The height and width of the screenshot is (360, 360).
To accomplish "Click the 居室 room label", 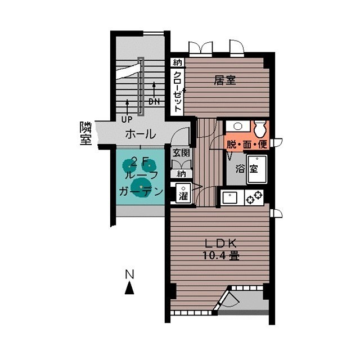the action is tap(225, 80).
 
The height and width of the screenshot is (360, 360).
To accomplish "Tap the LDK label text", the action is tap(220, 244).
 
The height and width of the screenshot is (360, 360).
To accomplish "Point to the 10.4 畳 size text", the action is tap(221, 255).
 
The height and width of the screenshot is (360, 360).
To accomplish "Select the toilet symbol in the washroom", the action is tap(260, 129).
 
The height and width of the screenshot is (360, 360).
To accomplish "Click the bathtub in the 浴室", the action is tap(257, 169).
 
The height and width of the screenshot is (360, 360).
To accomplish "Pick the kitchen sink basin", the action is tap(230, 197).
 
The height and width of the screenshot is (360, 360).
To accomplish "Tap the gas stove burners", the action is tap(254, 197).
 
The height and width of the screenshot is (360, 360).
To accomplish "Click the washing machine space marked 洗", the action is tap(183, 193).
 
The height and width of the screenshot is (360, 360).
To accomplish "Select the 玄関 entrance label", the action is tap(181, 152).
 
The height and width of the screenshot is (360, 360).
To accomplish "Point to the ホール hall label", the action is tap(141, 134).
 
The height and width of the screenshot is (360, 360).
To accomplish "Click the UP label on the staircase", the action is tap(127, 119).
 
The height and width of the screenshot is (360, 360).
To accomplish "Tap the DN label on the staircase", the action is tap(154, 101).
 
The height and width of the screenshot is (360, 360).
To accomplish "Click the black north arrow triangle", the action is tap(129, 289).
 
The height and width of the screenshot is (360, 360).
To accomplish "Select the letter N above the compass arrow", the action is tap(129, 274).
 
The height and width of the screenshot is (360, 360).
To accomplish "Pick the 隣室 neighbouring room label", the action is tap(86, 133).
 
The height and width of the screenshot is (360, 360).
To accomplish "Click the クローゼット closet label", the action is tap(178, 92).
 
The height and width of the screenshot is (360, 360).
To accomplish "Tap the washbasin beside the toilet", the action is tap(237, 126).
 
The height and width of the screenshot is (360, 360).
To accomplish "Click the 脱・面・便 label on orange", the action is tap(247, 145).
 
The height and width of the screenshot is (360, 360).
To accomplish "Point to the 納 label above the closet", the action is tap(177, 62).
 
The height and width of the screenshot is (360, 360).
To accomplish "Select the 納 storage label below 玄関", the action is tap(181, 174).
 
